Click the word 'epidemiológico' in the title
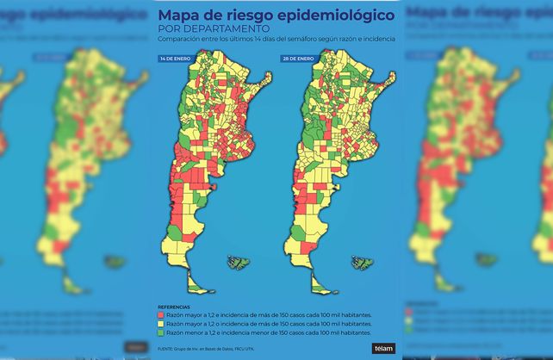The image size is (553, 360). [x=336, y=16]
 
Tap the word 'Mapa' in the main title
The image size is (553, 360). [x=183, y=16]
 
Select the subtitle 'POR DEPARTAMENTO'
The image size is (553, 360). [x=200, y=29]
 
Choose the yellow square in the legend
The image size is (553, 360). [x=161, y=325]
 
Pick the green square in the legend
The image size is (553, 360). [x=161, y=332]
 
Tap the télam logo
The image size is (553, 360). [x=382, y=348]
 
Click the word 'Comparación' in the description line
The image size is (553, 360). [x=178, y=40]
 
